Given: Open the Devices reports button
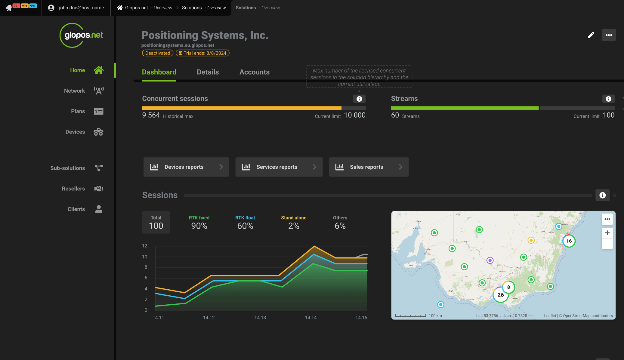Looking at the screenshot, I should pyautogui.click(x=186, y=167).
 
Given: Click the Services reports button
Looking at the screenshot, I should pyautogui.click(x=279, y=167).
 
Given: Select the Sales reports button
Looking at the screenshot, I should pyautogui.click(x=368, y=167).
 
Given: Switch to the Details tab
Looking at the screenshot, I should pyautogui.click(x=208, y=72).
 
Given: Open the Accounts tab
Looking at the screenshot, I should pyautogui.click(x=254, y=72).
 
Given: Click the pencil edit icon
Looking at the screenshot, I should pyautogui.click(x=591, y=35).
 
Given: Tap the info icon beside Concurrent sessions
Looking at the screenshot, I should pyautogui.click(x=359, y=99).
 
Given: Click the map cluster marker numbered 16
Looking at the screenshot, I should pyautogui.click(x=569, y=241).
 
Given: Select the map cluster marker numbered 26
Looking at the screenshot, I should pyautogui.click(x=500, y=295).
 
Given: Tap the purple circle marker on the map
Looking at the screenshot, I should pyautogui.click(x=490, y=260).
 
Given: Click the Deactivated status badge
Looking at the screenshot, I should pyautogui.click(x=158, y=53).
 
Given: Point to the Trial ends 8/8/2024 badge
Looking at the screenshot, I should pyautogui.click(x=202, y=53).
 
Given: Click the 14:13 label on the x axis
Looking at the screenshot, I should pyautogui.click(x=260, y=318).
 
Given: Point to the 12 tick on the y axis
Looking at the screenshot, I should pyautogui.click(x=145, y=246).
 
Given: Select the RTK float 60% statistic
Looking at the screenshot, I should pyautogui.click(x=245, y=223).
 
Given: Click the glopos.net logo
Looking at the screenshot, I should pyautogui.click(x=81, y=35).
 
